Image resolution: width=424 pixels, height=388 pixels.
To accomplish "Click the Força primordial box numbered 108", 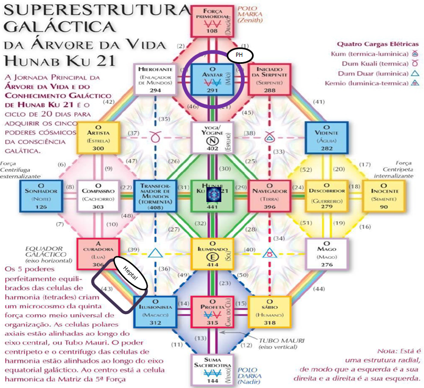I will tap(212, 21).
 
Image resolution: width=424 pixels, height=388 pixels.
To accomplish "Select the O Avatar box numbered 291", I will tap(212, 79).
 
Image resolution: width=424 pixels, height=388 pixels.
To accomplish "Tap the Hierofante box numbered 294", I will tap(155, 79).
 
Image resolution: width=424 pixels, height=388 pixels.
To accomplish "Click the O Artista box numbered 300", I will tap(98, 138).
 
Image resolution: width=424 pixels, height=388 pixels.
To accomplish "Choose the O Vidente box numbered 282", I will tap(326, 138).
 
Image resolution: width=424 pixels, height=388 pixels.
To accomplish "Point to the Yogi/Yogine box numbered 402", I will tap(212, 138).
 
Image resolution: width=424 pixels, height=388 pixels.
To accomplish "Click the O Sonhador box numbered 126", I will tap(40, 196).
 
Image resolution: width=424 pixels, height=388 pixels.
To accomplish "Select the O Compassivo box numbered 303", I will tap(98, 196).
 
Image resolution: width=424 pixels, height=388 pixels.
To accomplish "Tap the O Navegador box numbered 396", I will tap(269, 196).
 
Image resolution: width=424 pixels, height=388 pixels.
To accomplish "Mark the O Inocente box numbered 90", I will tap(384, 196).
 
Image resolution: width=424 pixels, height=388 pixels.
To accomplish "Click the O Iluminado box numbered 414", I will tap(212, 254).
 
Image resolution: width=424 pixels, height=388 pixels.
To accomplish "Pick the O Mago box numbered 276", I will tap(326, 254).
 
